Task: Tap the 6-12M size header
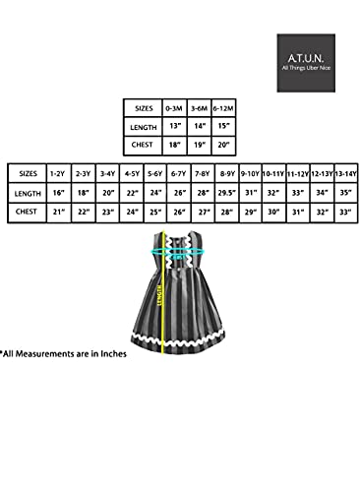(222, 107)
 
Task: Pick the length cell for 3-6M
(199, 126)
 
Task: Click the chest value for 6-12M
(222, 146)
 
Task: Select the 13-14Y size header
(344, 173)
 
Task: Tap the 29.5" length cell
(224, 192)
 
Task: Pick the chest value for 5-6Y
(154, 212)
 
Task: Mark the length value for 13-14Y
(344, 192)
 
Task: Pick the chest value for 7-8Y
(202, 212)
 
